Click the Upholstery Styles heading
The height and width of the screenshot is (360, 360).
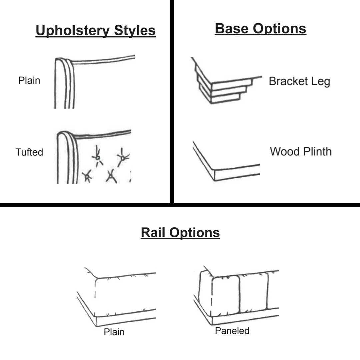pyautogui.click(x=95, y=31)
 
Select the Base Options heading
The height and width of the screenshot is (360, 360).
pyautogui.click(x=260, y=29)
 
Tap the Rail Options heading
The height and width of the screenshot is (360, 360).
pyautogui.click(x=180, y=232)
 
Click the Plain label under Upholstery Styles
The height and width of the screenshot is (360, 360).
pyautogui.click(x=29, y=81)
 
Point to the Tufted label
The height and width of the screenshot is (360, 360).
pyautogui.click(x=29, y=152)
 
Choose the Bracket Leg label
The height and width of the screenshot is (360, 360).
pyautogui.click(x=299, y=81)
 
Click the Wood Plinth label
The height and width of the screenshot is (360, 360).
pyautogui.click(x=301, y=152)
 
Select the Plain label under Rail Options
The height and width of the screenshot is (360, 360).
pyautogui.click(x=114, y=332)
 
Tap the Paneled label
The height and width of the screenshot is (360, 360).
pyautogui.click(x=232, y=331)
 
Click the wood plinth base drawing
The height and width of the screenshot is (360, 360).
pyautogui.click(x=223, y=163)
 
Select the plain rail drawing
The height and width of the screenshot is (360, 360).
pyautogui.click(x=117, y=297)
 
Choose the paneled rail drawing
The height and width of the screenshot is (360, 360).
pyautogui.click(x=237, y=295)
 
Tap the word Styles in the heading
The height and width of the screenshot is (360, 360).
pyautogui.click(x=135, y=31)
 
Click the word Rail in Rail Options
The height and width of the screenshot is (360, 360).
pyautogui.click(x=153, y=232)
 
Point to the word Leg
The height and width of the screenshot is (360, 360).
pyautogui.click(x=321, y=82)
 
